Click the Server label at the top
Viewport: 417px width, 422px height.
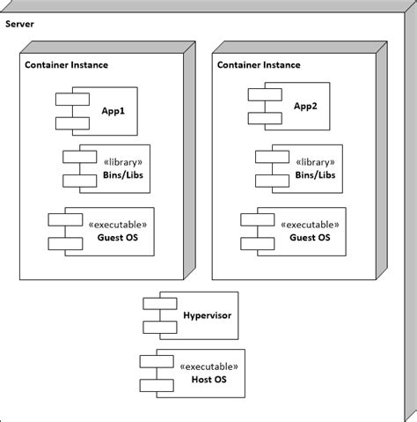click(20, 22)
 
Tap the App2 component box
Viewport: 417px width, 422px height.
click(291, 107)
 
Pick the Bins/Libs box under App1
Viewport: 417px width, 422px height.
click(111, 168)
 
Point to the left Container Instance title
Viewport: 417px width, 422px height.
click(66, 65)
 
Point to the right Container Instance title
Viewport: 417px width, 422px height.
click(259, 65)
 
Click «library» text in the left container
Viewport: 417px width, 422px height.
click(123, 162)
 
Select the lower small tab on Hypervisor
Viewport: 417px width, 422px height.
click(155, 325)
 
